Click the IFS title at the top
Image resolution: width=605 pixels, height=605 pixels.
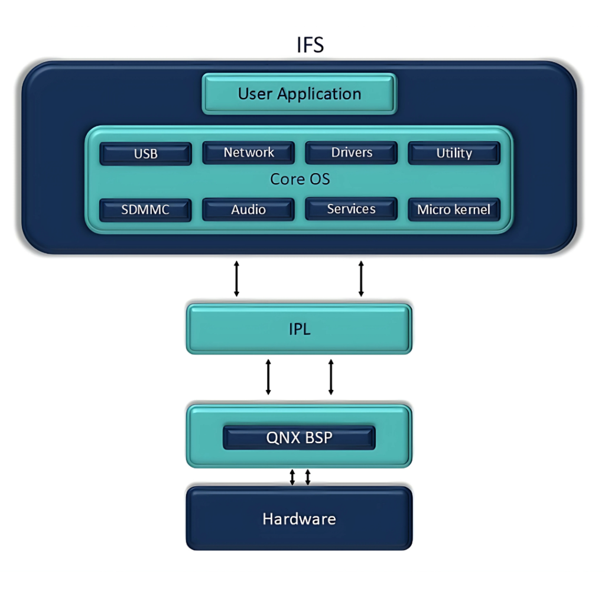[x=310, y=45]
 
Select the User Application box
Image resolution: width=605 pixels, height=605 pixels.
[x=299, y=93]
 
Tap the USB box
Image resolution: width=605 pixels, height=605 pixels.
[x=145, y=154]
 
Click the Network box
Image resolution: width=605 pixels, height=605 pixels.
[x=248, y=152]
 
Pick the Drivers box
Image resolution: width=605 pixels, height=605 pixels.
[x=352, y=152]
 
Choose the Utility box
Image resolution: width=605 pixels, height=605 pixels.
[x=454, y=153]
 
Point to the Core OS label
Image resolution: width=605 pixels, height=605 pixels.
[x=300, y=179]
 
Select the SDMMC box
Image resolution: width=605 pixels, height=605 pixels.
[x=145, y=210]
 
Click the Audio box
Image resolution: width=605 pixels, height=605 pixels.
[x=248, y=210]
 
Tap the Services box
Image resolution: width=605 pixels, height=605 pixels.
[x=351, y=209]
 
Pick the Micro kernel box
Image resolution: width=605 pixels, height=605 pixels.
[x=454, y=210]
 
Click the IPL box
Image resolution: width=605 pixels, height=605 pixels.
[x=299, y=329]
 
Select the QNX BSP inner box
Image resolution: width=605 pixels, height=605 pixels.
[x=299, y=438]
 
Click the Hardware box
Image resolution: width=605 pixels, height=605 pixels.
[x=299, y=519]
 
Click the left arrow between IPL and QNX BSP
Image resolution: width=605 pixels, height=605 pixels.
[x=268, y=376]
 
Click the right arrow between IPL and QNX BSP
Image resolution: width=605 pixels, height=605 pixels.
[x=331, y=376]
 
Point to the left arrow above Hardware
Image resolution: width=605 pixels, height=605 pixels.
[x=292, y=477]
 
